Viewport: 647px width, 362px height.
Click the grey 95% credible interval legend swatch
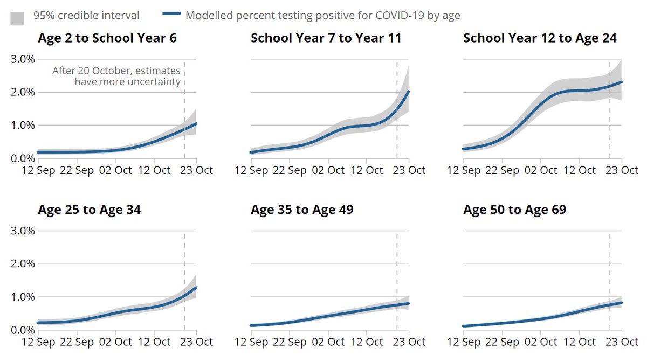point(17,18)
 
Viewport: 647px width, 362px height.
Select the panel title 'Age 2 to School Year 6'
point(107,38)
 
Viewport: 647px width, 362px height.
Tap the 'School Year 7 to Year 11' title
point(326,38)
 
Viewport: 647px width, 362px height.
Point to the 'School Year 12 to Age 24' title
point(540,38)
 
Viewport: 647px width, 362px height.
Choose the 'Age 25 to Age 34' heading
point(90,210)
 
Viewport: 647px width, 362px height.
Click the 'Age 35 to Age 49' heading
point(302,210)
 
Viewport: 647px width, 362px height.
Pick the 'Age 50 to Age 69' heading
point(514,210)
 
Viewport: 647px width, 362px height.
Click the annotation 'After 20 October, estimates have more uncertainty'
point(116,76)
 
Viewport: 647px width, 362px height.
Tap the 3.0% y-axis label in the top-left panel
point(23,59)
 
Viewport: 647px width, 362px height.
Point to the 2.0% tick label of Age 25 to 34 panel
point(23,264)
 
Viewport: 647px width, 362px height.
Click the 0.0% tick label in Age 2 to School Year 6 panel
point(23,158)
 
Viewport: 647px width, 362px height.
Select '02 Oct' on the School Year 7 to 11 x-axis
point(328,170)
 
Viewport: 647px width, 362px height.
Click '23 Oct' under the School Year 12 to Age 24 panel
point(622,170)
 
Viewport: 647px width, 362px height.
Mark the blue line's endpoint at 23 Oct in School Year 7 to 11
point(409,92)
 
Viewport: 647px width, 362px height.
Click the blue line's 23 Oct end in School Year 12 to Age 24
point(621,82)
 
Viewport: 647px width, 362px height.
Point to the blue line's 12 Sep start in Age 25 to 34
point(38,322)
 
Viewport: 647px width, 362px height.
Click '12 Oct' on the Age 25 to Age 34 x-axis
point(154,342)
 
